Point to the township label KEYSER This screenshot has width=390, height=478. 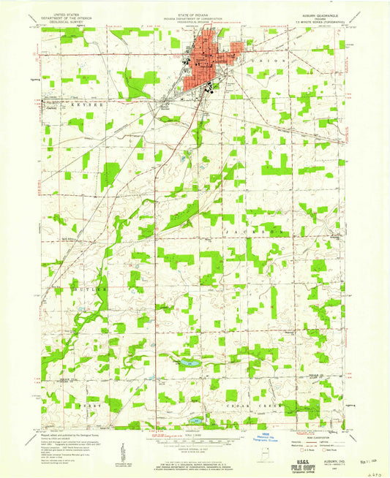80,105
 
